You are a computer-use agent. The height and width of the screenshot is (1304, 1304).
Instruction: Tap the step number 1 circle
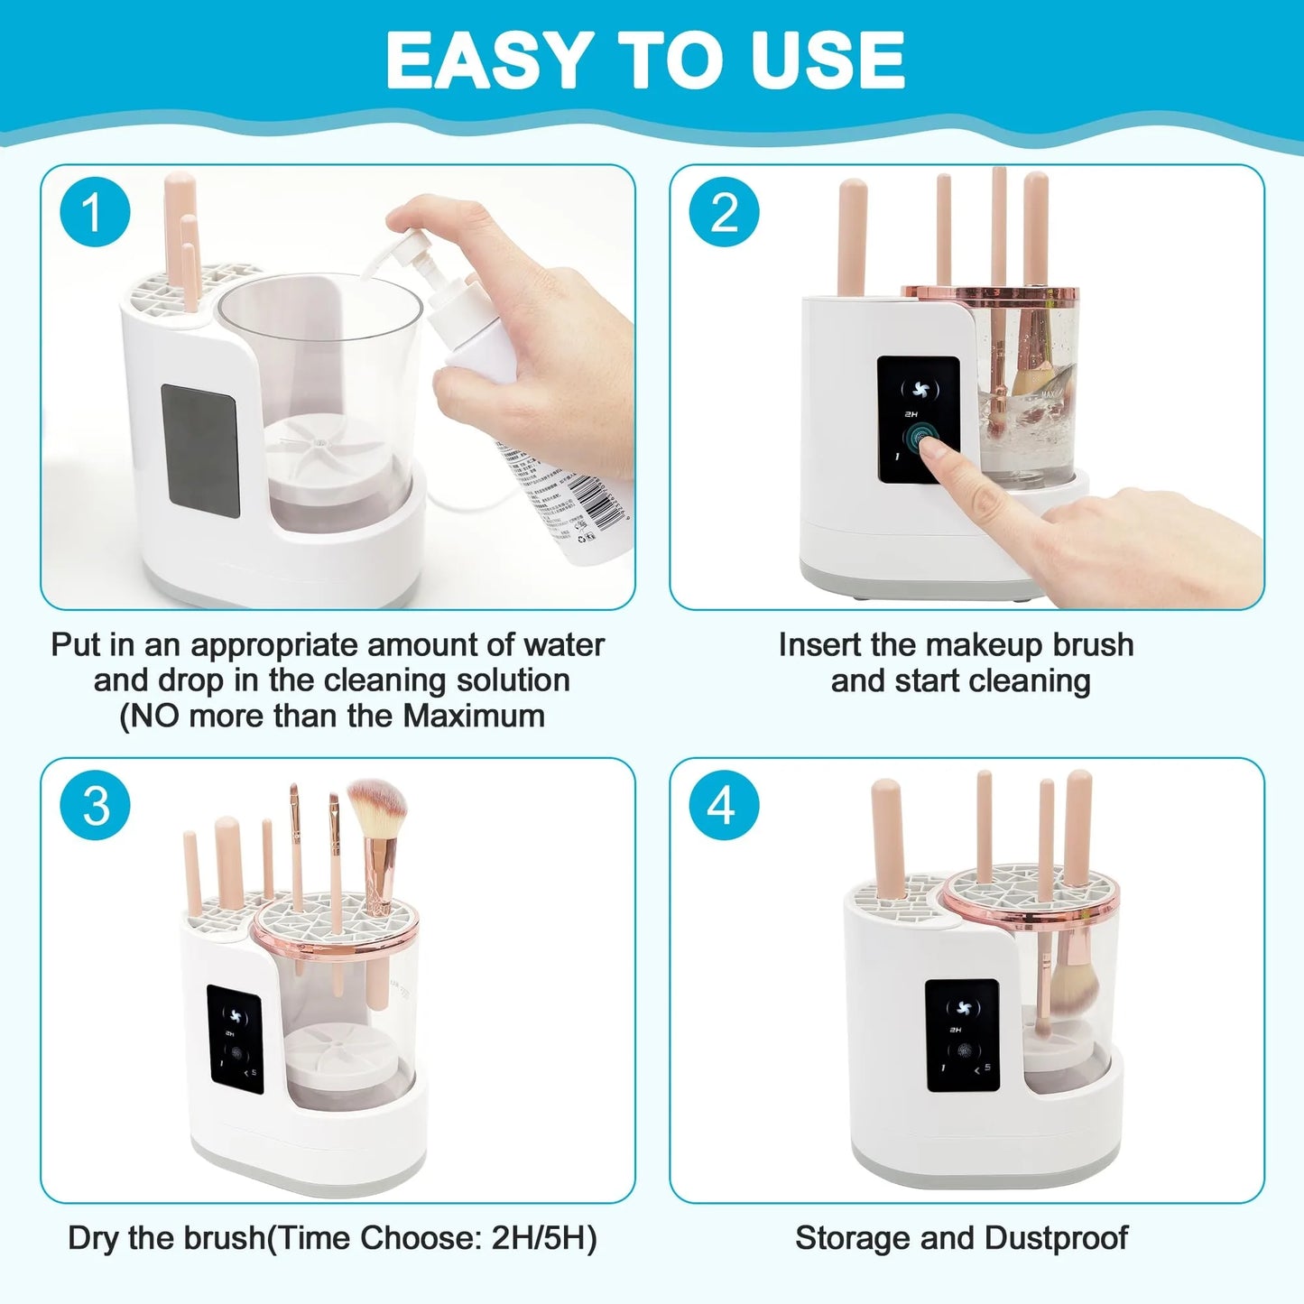(x=95, y=214)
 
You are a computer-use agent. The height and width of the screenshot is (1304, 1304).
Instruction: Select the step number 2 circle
(x=724, y=214)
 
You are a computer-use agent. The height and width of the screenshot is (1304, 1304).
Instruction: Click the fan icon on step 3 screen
(x=234, y=1013)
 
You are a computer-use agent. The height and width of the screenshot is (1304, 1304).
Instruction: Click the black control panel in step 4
(x=962, y=1034)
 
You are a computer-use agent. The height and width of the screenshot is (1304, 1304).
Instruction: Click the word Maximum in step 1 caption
(x=474, y=717)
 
